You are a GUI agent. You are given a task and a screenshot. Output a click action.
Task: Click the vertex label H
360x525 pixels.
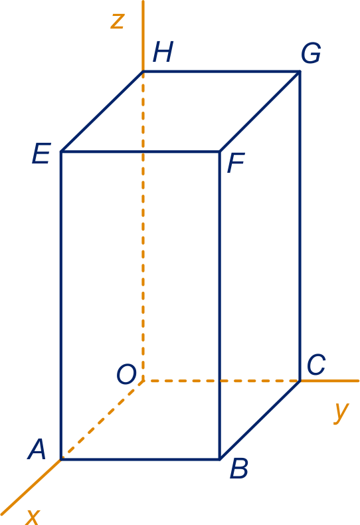point(163,52)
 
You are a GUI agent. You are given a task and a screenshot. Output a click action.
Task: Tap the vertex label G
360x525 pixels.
point(311,53)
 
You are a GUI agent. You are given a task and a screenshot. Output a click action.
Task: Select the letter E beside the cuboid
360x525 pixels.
point(41,154)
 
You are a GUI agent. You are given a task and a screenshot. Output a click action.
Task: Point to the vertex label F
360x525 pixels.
point(236,163)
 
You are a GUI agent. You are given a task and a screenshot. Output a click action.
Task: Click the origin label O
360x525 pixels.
point(126,374)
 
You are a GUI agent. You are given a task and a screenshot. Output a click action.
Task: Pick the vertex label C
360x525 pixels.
point(316,365)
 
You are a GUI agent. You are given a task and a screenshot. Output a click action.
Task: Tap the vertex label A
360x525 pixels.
point(37,449)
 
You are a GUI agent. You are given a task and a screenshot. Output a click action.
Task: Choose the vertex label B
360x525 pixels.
point(239,469)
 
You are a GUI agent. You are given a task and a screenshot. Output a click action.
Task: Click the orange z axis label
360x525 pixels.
point(118,21)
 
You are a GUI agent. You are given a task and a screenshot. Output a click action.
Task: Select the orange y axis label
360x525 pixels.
point(341,413)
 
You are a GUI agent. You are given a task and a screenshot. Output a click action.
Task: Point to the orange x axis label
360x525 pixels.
point(33,517)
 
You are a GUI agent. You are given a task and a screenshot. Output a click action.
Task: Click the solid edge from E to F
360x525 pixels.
point(140,152)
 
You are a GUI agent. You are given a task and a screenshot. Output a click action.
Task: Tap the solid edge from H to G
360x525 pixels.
point(221,71)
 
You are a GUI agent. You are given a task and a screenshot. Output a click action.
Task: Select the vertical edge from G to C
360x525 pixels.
point(300,226)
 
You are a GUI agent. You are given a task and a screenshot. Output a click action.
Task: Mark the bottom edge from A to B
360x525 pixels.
point(140,459)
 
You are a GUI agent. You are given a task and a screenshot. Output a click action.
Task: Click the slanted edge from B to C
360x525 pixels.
point(260,420)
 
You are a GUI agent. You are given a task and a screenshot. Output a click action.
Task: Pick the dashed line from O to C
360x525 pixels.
point(221,381)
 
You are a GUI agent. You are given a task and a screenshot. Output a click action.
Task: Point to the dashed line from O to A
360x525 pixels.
point(102,420)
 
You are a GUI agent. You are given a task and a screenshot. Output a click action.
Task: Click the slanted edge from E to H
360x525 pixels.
point(102,112)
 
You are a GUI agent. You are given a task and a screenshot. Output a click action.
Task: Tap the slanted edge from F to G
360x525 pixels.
point(260,112)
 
